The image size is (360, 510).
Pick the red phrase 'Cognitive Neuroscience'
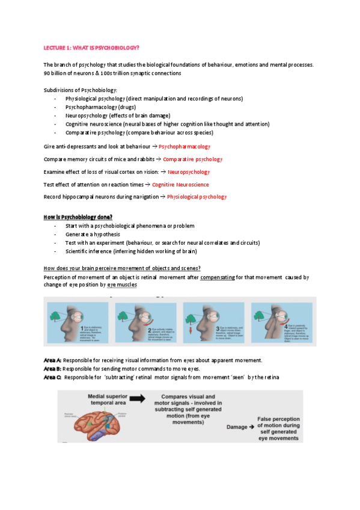pyautogui.click(x=180, y=185)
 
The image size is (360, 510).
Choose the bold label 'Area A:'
pyautogui.click(x=52, y=360)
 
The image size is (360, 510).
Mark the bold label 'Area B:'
pyautogui.click(x=52, y=368)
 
